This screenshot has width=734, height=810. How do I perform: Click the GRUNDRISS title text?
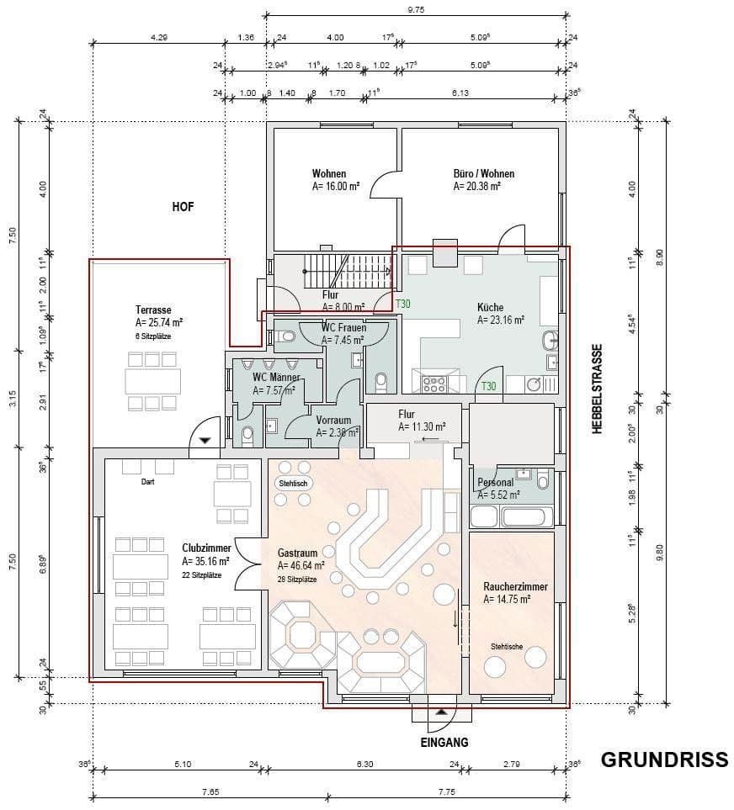pos(663,760)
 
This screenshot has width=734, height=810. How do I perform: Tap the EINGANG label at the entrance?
pos(444,743)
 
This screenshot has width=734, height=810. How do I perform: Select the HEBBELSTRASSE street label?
pos(598,389)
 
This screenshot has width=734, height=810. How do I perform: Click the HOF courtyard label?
pos(183,207)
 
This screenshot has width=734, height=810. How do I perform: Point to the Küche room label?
pos(492,308)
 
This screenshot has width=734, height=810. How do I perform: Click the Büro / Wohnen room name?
pos(483,174)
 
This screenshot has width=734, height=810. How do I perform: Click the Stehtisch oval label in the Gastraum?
pos(295,484)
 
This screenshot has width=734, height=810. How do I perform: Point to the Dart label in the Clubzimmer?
pos(148,482)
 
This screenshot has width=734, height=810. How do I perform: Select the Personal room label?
pos(495,483)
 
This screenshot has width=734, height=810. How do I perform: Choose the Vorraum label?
pos(334,421)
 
